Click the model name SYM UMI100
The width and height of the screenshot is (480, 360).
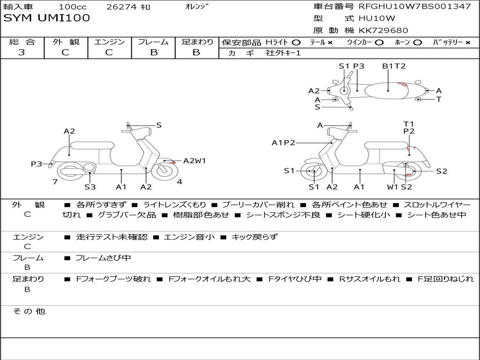click(46, 18)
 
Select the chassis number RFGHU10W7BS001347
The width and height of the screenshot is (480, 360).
click(414, 7)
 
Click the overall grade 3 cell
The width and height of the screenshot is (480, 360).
click(22, 52)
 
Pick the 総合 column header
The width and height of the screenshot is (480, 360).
click(22, 42)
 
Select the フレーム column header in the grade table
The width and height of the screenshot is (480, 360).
click(153, 42)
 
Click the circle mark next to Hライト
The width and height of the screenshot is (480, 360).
click(296, 42)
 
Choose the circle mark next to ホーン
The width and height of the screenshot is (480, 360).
click(417, 42)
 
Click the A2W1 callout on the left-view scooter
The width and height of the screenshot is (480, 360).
click(195, 161)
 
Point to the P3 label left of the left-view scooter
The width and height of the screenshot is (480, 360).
click(37, 164)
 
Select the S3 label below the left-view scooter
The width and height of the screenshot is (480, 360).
click(90, 187)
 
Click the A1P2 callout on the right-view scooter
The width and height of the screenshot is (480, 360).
click(284, 142)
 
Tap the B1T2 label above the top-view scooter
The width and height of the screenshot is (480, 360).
click(394, 66)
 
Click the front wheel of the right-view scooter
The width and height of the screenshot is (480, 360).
click(313, 172)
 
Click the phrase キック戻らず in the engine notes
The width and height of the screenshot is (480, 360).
click(255, 237)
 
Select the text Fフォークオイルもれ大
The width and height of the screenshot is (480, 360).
click(209, 279)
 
